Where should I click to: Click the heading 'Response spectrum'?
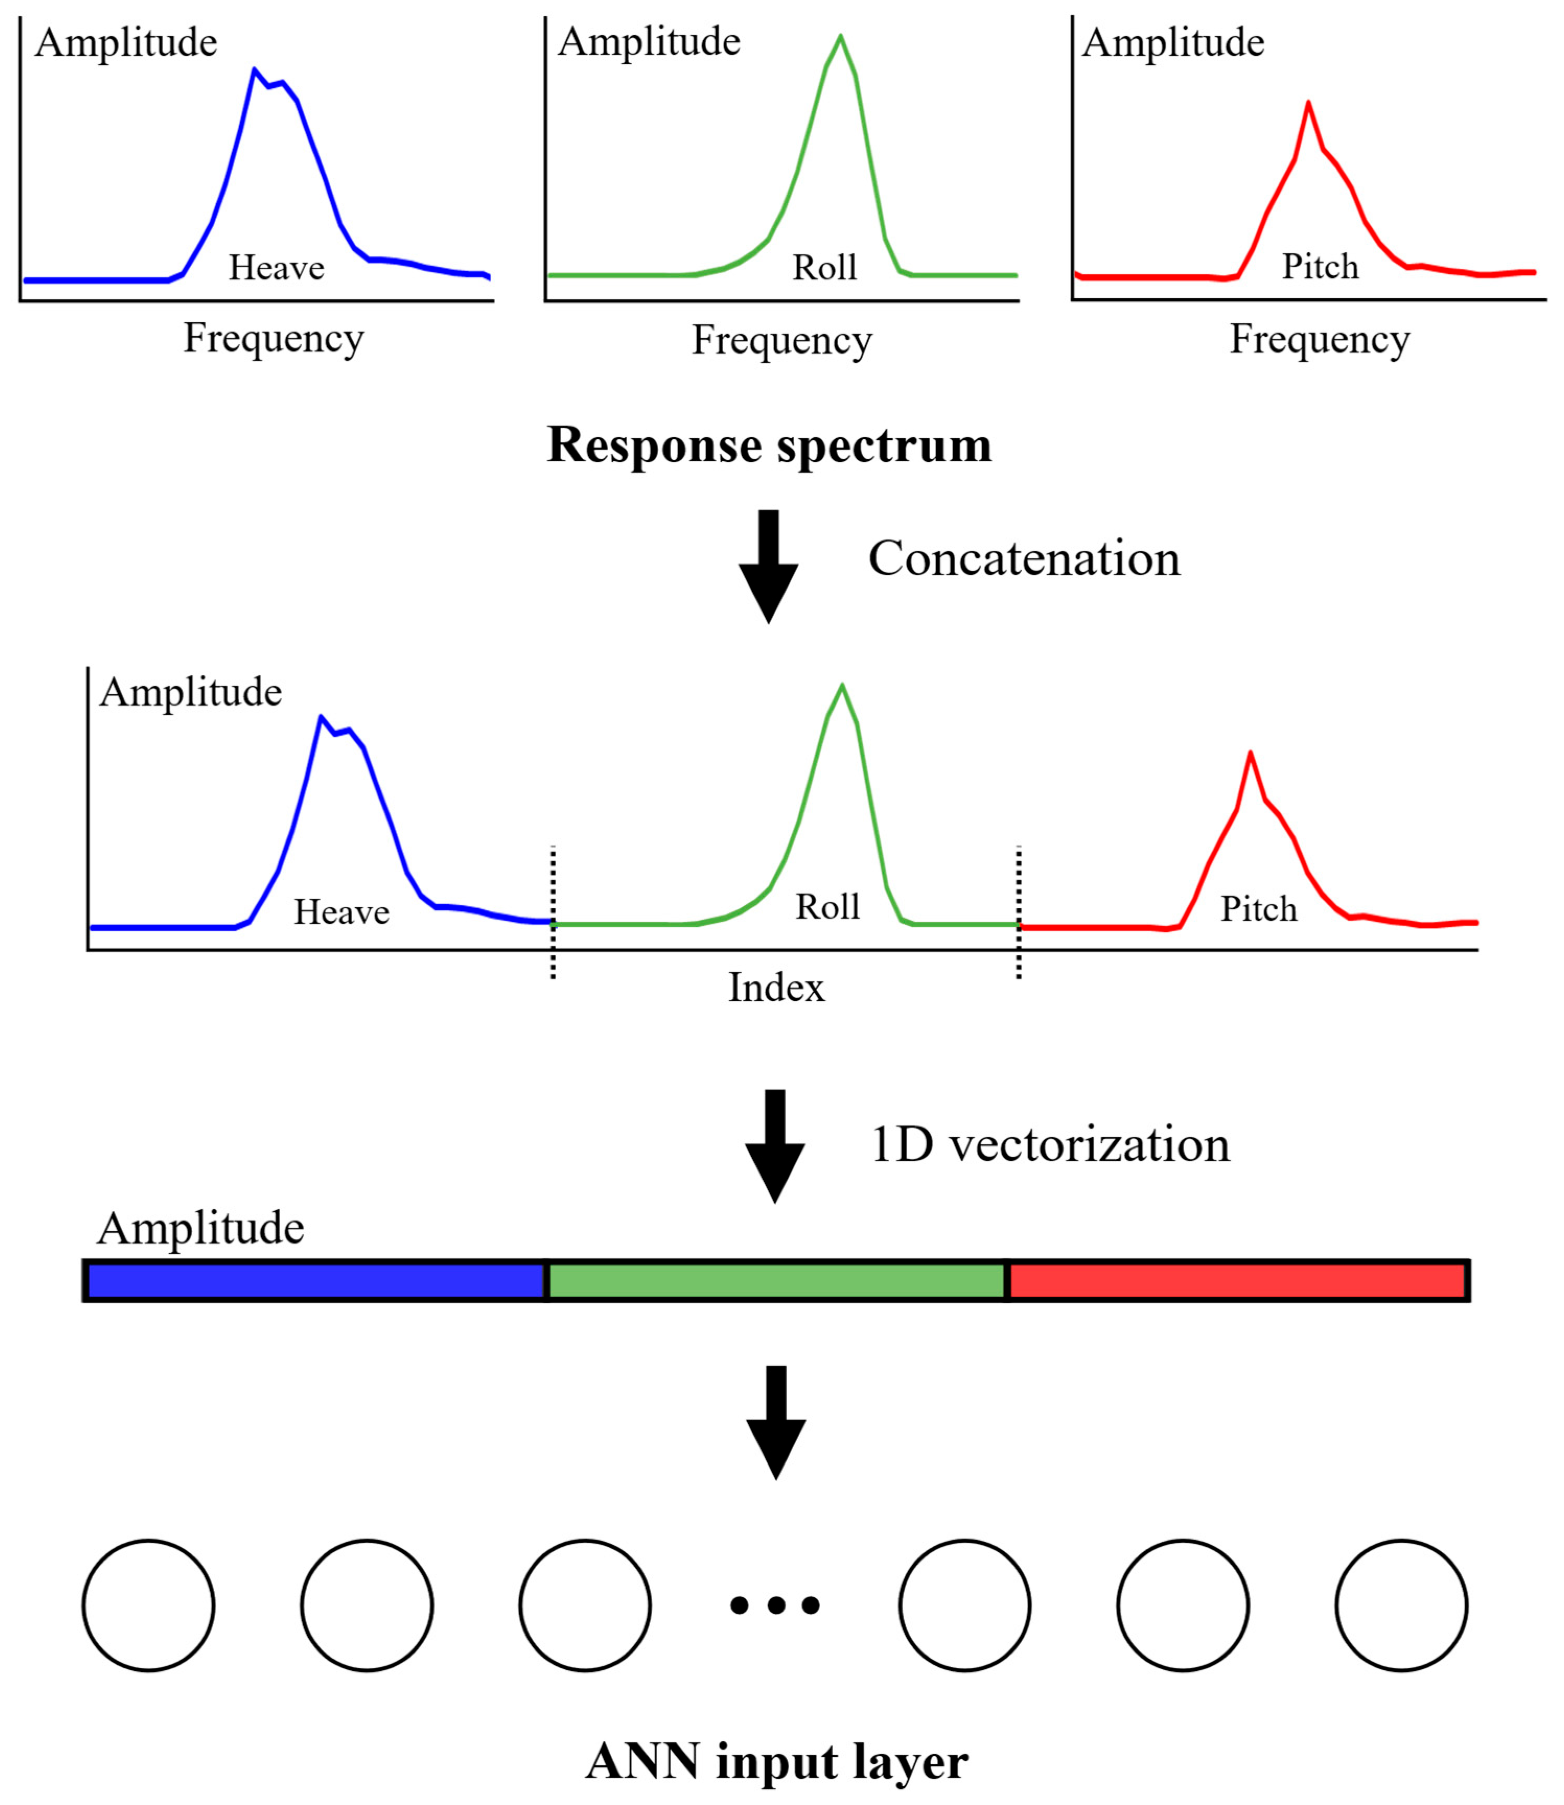(769, 446)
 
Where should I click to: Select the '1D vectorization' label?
(1050, 1145)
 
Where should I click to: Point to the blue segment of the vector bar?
(316, 1281)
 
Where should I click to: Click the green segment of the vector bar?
(777, 1281)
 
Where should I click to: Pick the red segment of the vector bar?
(1238, 1281)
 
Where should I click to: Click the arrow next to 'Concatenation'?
(768, 565)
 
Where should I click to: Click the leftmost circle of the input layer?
(148, 1605)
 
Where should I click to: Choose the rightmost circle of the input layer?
(1401, 1605)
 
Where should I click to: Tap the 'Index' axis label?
(776, 988)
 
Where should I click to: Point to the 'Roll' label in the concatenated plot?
(827, 907)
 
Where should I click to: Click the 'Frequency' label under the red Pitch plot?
(1319, 339)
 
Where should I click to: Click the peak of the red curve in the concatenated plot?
(1250, 753)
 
